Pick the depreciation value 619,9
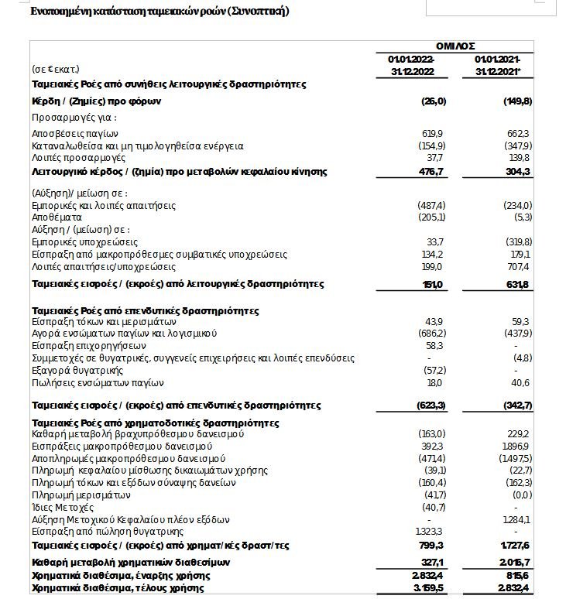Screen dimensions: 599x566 pyautogui.click(x=432, y=134)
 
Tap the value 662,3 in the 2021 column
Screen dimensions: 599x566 pyautogui.click(x=518, y=134)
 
